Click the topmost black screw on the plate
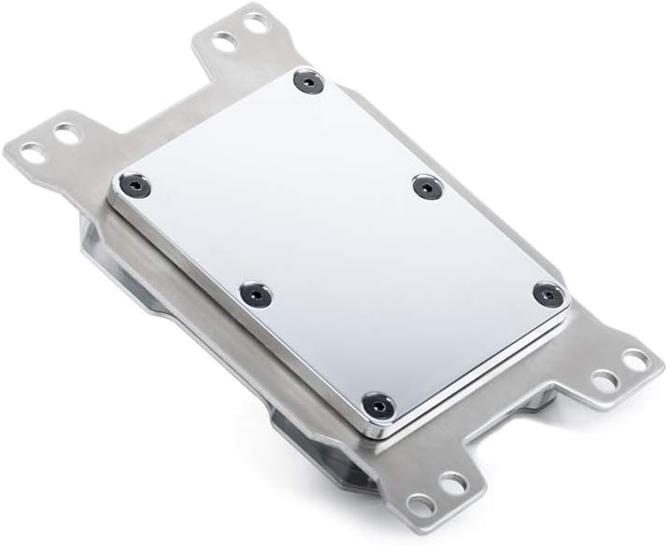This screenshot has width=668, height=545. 308,81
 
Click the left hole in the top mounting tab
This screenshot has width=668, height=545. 223,40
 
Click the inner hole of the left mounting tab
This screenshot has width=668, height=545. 66,135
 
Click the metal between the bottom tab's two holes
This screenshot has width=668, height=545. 437,495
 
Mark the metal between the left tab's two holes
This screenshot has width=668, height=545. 50,142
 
